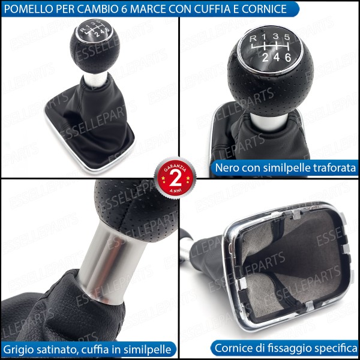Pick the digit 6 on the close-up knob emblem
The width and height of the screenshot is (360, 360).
pos(288,56)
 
